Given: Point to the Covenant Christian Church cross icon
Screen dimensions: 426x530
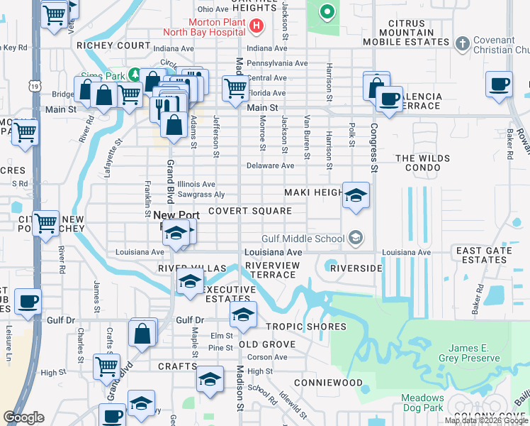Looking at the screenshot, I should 462,43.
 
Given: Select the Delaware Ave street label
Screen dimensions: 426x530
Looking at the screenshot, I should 270,166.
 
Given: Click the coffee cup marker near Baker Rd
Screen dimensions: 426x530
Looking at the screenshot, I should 500,84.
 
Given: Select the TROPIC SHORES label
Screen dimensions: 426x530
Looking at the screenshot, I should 306,327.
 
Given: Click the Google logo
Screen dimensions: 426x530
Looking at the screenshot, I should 23,417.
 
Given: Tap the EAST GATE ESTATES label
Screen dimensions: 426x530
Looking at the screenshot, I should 484,256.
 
